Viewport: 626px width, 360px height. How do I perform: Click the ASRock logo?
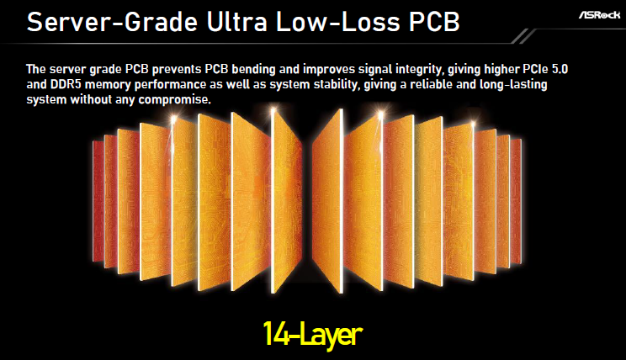click(x=599, y=15)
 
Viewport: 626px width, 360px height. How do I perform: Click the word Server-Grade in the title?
click(x=112, y=22)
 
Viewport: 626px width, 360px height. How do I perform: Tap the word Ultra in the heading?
click(x=237, y=22)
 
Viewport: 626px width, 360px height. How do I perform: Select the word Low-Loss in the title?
click(x=337, y=22)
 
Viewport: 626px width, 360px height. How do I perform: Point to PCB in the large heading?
click(x=434, y=22)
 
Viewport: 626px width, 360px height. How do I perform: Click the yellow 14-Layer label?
click(x=313, y=335)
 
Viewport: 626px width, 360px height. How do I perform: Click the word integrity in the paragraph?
click(x=419, y=70)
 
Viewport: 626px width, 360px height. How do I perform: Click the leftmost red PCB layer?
click(x=98, y=202)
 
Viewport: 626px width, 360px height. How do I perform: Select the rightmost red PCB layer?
click(x=516, y=203)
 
